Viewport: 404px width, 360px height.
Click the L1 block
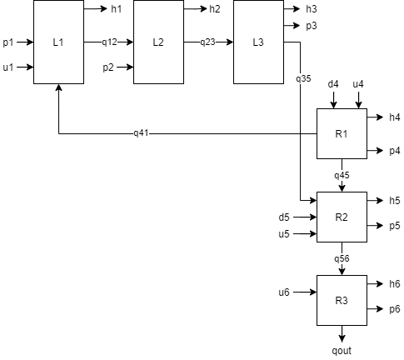tap(58, 42)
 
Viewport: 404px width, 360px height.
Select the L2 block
tap(158, 42)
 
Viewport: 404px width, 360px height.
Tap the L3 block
tap(258, 42)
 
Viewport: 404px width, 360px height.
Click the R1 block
tap(342, 133)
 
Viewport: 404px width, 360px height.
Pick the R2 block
tap(342, 217)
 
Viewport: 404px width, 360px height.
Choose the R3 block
tap(342, 300)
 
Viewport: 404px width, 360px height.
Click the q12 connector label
tap(109, 42)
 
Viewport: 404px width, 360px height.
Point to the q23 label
tap(207, 42)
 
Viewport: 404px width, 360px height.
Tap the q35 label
tap(303, 79)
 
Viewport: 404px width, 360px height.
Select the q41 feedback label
tap(141, 133)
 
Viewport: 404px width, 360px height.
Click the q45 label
tap(342, 176)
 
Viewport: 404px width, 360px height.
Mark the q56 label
tap(342, 259)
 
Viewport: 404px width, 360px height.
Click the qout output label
tap(342, 351)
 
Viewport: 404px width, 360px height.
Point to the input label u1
tap(8, 67)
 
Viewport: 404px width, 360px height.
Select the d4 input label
tap(333, 84)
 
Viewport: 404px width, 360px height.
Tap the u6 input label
tap(284, 292)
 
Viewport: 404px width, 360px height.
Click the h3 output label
tap(312, 9)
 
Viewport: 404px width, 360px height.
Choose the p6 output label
tap(395, 309)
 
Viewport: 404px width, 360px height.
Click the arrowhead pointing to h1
tap(104, 9)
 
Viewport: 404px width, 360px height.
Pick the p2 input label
tap(108, 67)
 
